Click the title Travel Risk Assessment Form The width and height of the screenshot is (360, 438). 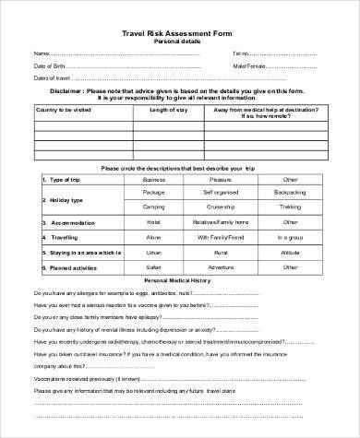(181, 31)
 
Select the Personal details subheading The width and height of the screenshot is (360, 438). (179, 41)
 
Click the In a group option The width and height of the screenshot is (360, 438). (291, 237)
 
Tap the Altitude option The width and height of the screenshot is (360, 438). (291, 252)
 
